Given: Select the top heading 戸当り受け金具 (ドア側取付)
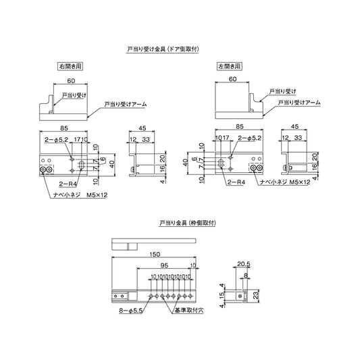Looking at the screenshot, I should tap(166, 50).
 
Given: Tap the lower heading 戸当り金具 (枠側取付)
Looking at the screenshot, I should tap(183, 222).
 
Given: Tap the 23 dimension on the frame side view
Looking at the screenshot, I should tap(255, 294).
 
